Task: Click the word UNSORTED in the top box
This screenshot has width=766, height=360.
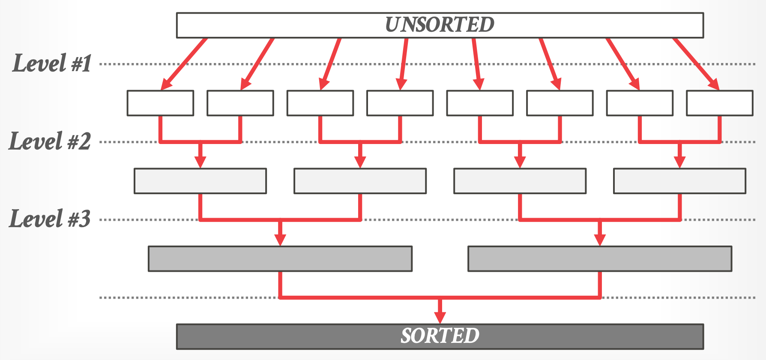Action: coord(440,25)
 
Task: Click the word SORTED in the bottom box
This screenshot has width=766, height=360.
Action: coord(440,336)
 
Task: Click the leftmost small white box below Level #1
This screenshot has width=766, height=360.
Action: coord(160,103)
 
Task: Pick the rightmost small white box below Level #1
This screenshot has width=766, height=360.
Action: coord(719,103)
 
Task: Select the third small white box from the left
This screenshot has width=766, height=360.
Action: coord(320,103)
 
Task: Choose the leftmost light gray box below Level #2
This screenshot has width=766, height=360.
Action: coord(200,181)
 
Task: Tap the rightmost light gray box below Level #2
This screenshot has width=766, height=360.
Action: coord(679,181)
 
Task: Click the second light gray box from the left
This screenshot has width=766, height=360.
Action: coord(360,181)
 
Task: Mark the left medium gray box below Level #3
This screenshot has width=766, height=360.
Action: coord(280,259)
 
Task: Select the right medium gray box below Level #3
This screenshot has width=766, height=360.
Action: coord(600,259)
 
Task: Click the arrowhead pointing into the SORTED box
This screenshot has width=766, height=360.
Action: coord(440,318)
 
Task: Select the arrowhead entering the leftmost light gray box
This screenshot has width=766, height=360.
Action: coord(200,162)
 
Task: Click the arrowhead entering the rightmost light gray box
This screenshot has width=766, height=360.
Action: coord(679,162)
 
